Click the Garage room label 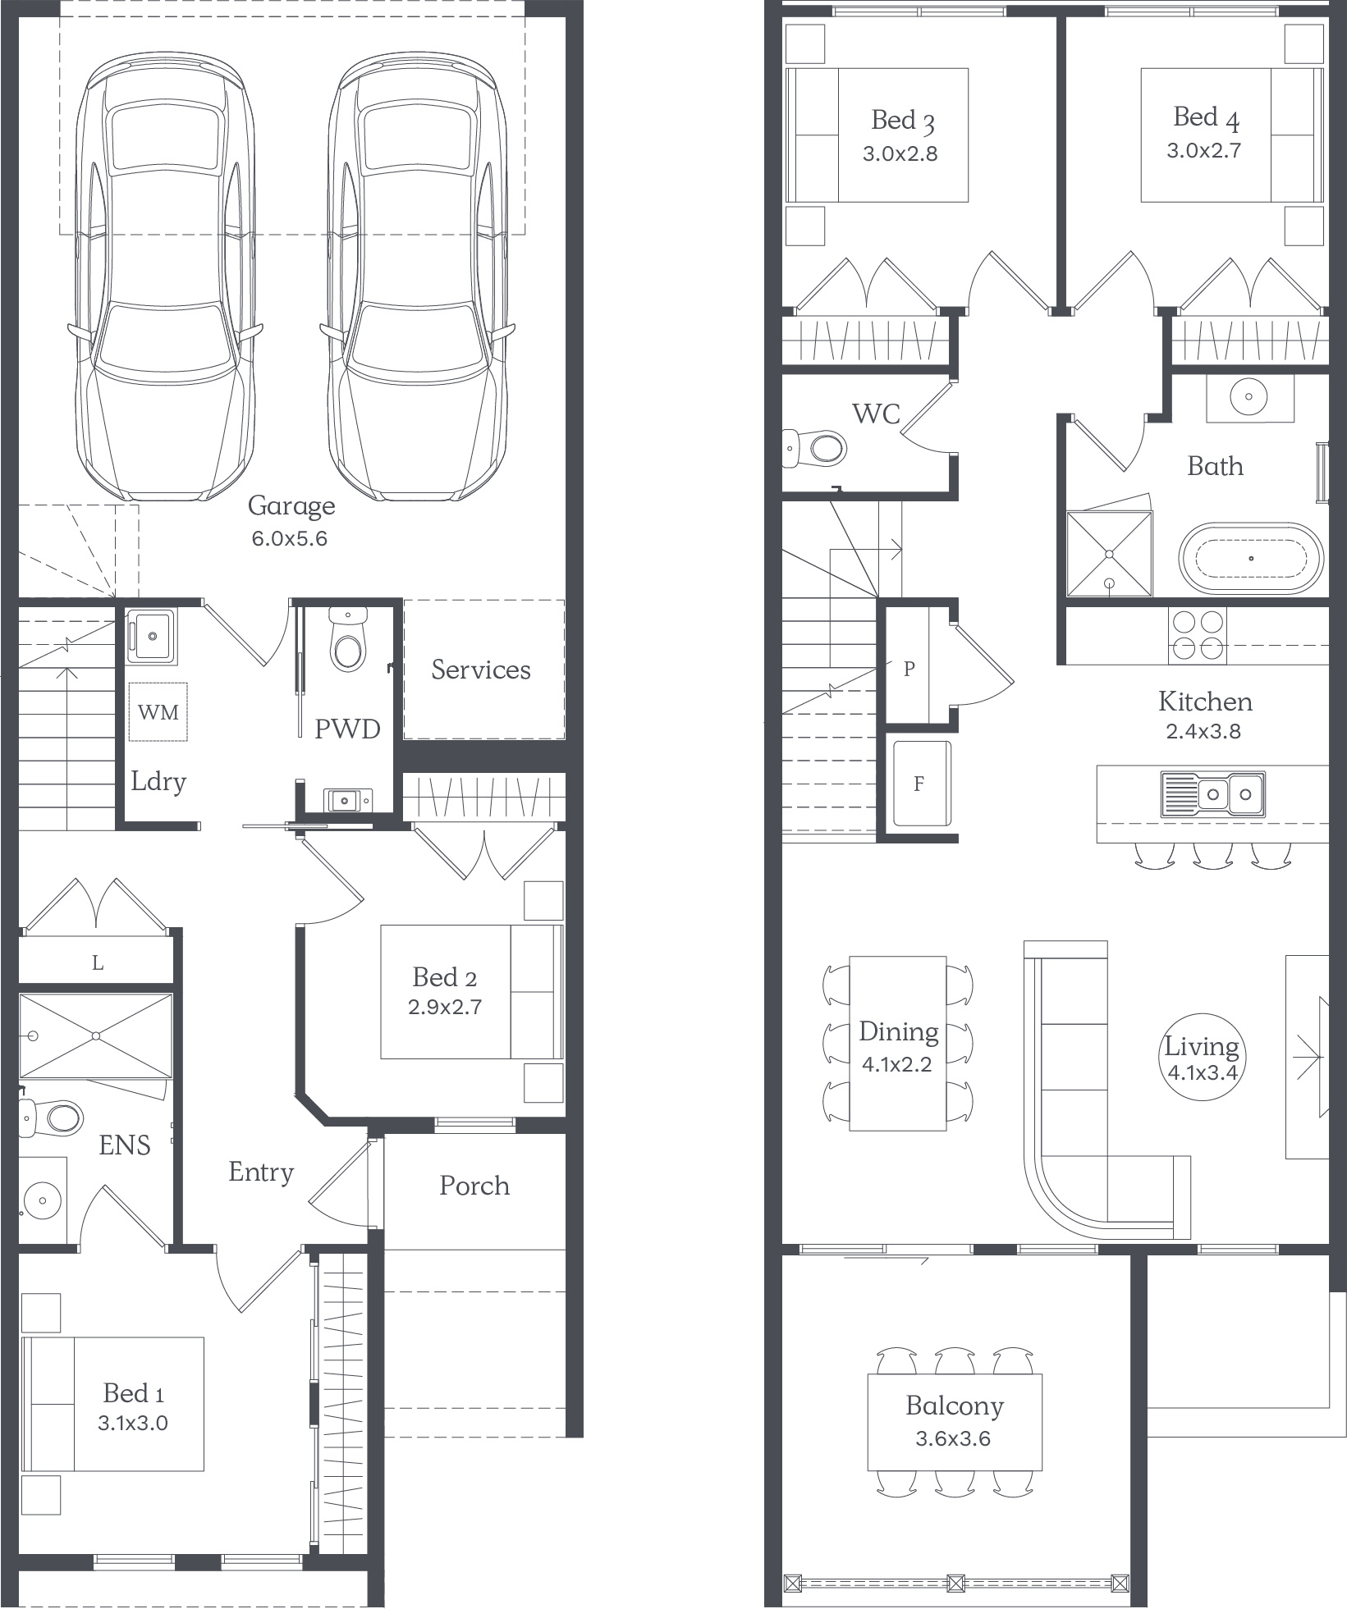pyautogui.click(x=291, y=506)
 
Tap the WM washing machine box pyautogui.click(x=158, y=711)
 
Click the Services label pyautogui.click(x=481, y=670)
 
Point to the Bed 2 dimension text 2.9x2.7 pyautogui.click(x=445, y=1007)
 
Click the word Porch pyautogui.click(x=474, y=1186)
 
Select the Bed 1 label pyautogui.click(x=134, y=1393)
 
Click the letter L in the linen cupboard pyautogui.click(x=98, y=962)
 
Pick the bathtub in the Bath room pyautogui.click(x=1251, y=558)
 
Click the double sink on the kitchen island pyautogui.click(x=1213, y=793)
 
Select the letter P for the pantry pyautogui.click(x=909, y=669)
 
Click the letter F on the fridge pyautogui.click(x=919, y=784)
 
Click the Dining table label pyautogui.click(x=899, y=1032)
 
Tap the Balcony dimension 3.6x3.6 pyautogui.click(x=954, y=1438)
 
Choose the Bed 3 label pyautogui.click(x=903, y=121)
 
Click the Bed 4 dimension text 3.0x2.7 pyautogui.click(x=1204, y=150)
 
